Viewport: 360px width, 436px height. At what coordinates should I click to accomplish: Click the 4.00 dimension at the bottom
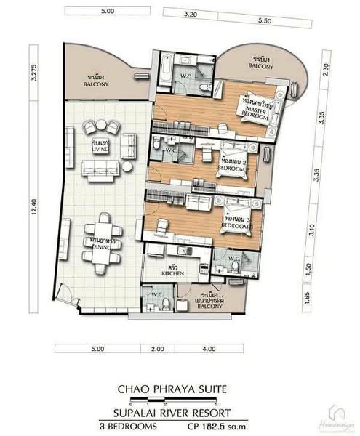click(208, 350)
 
